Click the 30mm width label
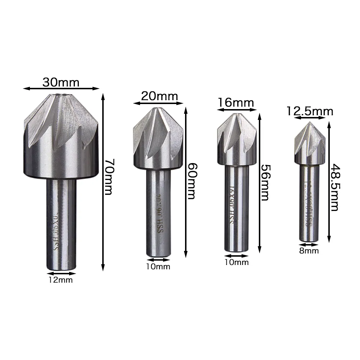(x=60, y=82)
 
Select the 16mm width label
(x=235, y=103)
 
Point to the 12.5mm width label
(x=310, y=111)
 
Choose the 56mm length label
(x=265, y=183)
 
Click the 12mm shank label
(x=60, y=280)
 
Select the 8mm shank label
(x=309, y=251)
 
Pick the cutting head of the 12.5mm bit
(x=309, y=144)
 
